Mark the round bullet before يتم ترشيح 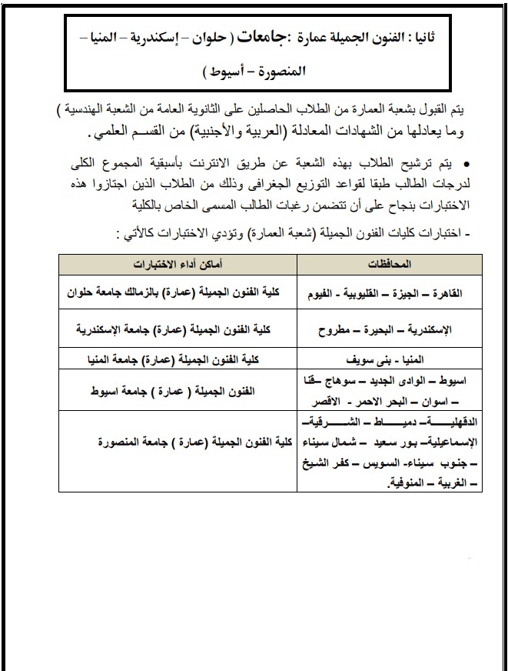point(467,165)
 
